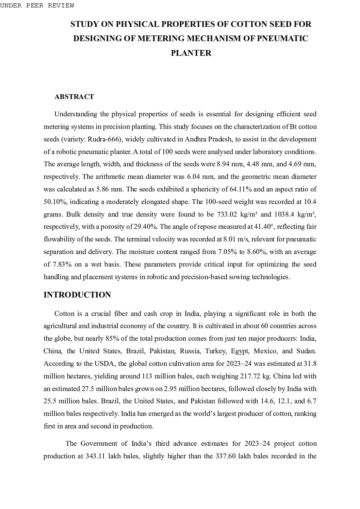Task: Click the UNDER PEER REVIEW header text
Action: [x=37, y=5]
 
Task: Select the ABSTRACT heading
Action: [x=74, y=97]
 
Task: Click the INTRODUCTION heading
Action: [x=77, y=295]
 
